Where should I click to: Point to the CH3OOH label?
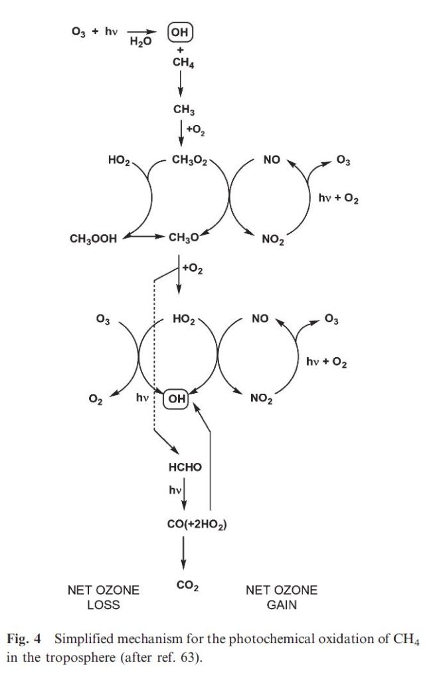94,239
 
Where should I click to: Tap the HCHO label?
185,468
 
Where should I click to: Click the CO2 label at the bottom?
189,586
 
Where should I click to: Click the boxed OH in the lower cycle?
176,398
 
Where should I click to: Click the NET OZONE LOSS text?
103,597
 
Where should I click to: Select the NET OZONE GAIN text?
282,597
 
